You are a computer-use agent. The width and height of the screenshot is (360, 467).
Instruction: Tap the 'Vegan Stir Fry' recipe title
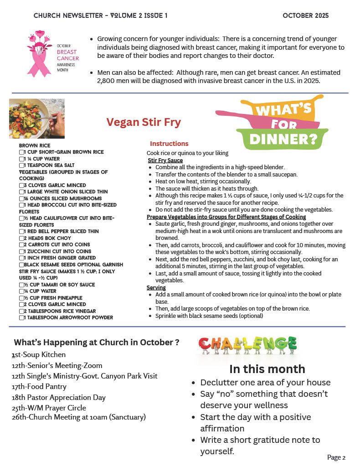coord(144,122)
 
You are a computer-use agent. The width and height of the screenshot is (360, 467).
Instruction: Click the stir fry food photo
coord(36,119)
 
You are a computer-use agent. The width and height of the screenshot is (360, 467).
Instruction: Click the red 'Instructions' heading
coord(169,144)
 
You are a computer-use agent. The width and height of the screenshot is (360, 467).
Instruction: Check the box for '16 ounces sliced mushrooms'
coord(21,198)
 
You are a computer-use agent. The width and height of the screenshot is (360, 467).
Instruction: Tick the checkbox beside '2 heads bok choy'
coord(21,238)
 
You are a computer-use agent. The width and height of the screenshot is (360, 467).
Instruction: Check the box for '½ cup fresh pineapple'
coord(21,298)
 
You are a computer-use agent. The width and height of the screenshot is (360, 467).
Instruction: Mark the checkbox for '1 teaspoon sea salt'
coord(21,165)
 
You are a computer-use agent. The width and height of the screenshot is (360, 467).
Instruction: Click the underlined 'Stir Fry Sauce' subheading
coord(165,161)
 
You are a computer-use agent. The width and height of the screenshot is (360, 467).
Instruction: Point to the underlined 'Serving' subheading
coord(157,288)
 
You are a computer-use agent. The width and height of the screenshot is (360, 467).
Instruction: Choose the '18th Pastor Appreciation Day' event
coord(59,397)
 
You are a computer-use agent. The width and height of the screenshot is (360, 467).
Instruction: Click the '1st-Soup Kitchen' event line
coord(39,355)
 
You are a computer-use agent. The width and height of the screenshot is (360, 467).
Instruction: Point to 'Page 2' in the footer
coord(336,457)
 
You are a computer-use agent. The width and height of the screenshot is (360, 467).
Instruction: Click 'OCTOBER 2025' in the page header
coord(305,16)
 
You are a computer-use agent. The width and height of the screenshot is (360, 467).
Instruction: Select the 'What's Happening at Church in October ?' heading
coord(96,342)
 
